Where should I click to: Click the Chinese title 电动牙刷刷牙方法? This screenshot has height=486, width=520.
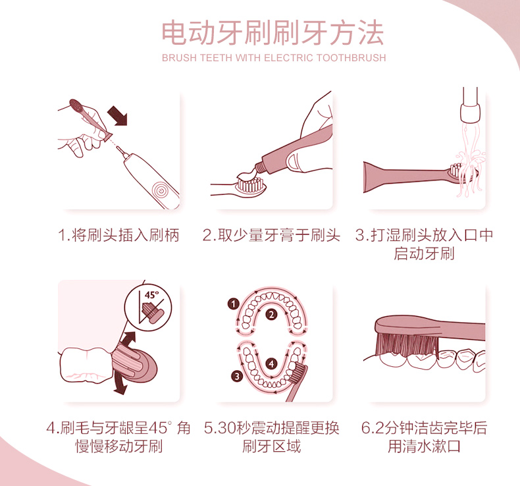pos(273,32)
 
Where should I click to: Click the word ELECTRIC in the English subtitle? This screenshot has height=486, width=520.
pos(288,58)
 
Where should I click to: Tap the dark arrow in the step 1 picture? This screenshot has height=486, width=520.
pos(118,115)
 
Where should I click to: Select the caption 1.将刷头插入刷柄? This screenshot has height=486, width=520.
pos(118,235)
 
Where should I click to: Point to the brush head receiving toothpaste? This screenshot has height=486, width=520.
pos(250,186)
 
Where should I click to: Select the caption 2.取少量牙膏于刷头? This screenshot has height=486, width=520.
pos(271,235)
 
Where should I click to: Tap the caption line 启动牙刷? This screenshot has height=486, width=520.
pos(424,254)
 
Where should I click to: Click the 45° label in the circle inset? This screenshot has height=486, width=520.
pos(151,294)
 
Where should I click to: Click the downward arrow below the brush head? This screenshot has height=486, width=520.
pos(120,384)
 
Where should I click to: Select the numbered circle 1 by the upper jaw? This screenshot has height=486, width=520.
pos(234,304)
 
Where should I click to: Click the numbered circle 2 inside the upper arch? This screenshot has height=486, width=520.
pos(272,315)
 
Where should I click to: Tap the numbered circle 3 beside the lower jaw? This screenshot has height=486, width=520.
pos(237,377)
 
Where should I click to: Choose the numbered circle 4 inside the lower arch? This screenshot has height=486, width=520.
pos(272,364)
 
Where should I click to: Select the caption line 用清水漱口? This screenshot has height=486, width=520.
pos(424,446)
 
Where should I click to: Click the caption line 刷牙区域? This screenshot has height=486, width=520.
pos(272,446)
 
